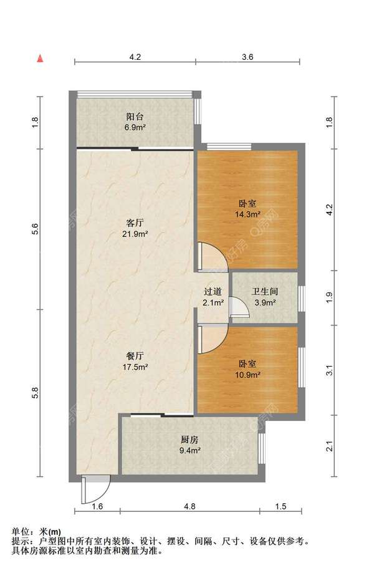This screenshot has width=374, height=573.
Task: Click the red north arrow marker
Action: pyautogui.click(x=40, y=59)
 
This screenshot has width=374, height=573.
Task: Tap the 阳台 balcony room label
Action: pyautogui.click(x=135, y=117)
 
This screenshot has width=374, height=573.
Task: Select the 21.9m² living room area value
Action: pyautogui.click(x=135, y=234)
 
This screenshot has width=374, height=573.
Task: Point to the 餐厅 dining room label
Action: pyautogui.click(x=135, y=355)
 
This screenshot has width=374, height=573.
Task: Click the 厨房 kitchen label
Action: pyautogui.click(x=189, y=439)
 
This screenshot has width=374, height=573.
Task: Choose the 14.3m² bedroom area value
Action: pyautogui.click(x=247, y=214)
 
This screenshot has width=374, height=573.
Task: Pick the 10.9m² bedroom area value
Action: pyautogui.click(x=247, y=375)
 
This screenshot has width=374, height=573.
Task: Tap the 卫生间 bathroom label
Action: pyautogui.click(x=265, y=292)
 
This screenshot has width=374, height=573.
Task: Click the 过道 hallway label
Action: pyautogui.click(x=213, y=292)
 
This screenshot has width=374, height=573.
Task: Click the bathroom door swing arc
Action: pyautogui.click(x=239, y=306)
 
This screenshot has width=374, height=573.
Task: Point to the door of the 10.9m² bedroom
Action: pyautogui.click(x=213, y=339)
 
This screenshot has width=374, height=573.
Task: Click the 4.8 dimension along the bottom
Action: pyautogui.click(x=189, y=506)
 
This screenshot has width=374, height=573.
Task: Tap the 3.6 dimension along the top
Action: pyautogui.click(x=247, y=57)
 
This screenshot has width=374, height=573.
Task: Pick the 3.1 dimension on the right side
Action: pyautogui.click(x=330, y=370)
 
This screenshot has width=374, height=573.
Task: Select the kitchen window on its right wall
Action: pyautogui.click(x=262, y=449)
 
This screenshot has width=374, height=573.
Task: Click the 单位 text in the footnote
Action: pyautogui.click(x=21, y=532)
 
